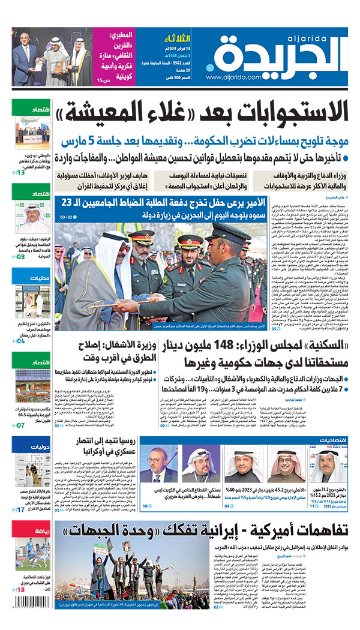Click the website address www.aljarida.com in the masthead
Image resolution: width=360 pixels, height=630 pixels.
tap(233, 77)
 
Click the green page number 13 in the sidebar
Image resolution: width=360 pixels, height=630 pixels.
tap(21, 173)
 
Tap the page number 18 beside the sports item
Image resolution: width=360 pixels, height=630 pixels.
tap(21, 607)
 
